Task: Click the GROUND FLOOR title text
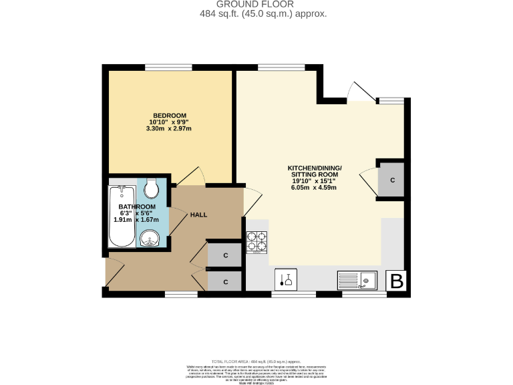coord(256,4)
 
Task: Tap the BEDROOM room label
coord(169,115)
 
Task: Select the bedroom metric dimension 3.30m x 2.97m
coord(169,128)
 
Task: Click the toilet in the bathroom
coord(151,188)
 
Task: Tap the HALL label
coord(198,215)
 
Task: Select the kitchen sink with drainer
coord(357,279)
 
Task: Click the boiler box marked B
coord(397,281)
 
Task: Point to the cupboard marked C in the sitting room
coord(392,180)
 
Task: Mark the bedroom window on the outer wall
coord(164,66)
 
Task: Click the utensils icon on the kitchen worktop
coord(287,279)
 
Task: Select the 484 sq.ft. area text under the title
coord(256,13)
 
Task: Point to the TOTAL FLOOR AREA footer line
coord(256,361)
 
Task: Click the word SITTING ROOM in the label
coord(314,174)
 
